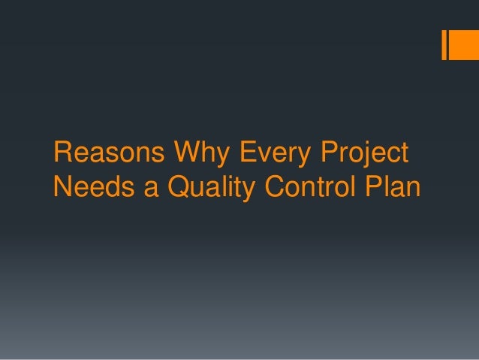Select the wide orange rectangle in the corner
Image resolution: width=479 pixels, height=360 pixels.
click(459, 45)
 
